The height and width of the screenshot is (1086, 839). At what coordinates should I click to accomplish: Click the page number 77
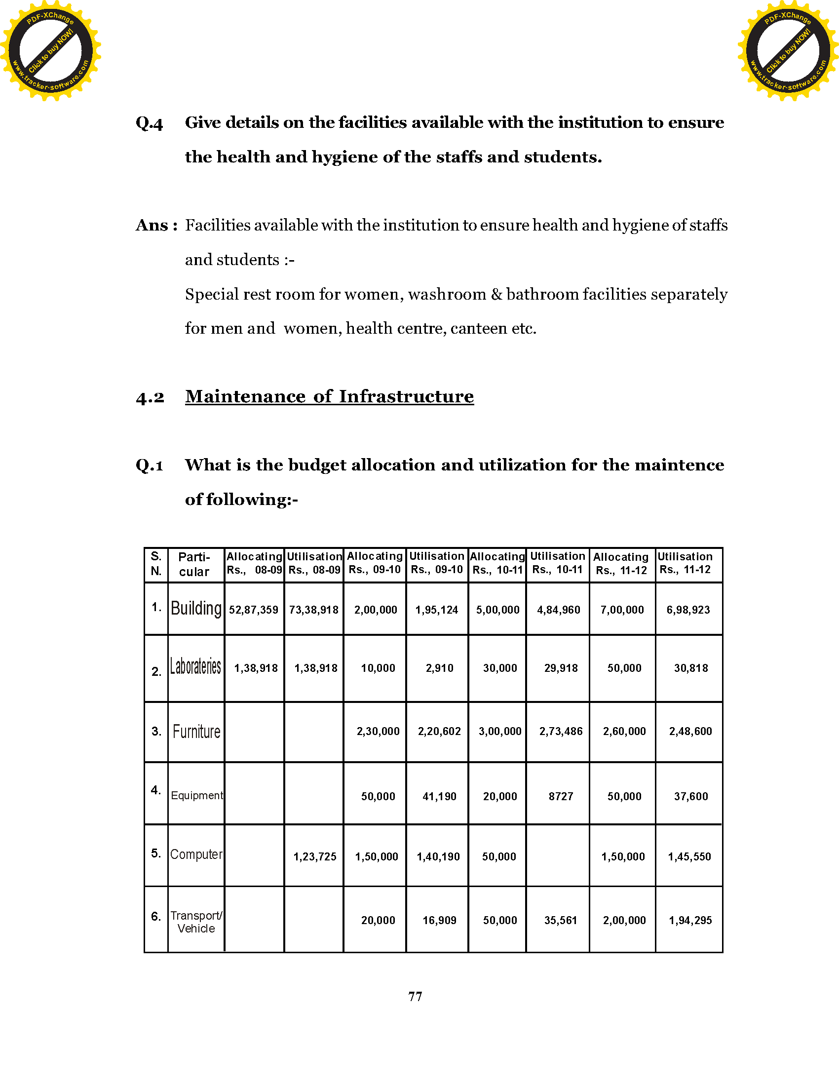point(415,997)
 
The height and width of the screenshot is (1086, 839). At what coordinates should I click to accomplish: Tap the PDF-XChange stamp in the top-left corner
point(51,50)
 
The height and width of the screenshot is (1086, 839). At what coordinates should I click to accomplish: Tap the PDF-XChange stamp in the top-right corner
point(788,50)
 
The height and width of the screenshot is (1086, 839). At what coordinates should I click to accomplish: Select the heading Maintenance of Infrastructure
point(329,396)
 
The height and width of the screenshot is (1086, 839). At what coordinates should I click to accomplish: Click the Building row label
point(196,609)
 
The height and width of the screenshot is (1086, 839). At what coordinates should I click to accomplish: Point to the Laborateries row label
point(196,666)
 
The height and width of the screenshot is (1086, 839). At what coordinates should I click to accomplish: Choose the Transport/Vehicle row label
point(196,922)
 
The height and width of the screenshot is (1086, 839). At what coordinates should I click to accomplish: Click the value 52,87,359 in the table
point(254,610)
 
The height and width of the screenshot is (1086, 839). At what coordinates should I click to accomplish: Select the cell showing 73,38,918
point(313,610)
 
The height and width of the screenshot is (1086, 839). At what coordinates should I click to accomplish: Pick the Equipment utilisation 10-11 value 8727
point(561,797)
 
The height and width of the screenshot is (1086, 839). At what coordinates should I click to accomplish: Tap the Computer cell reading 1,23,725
point(315,857)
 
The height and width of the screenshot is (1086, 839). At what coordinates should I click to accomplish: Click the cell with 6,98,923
point(688,610)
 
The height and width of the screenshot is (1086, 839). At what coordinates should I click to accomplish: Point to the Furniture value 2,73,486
point(561,732)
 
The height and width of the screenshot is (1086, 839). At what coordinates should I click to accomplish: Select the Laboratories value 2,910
point(439,668)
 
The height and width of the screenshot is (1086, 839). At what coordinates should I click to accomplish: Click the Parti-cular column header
point(194,564)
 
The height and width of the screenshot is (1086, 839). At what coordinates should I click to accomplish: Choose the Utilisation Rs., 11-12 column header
point(685,563)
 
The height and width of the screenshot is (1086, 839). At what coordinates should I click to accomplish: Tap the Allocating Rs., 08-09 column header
point(254,563)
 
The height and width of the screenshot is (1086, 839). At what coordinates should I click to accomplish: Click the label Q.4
point(149,123)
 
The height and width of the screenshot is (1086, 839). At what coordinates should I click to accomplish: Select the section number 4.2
point(150,397)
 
